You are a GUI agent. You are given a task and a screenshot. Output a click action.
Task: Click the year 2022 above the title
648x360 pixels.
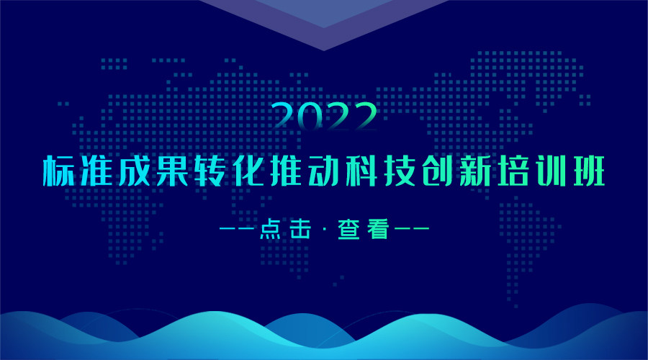pyautogui.click(x=325, y=116)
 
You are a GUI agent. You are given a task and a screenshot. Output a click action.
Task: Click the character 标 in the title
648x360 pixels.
pyautogui.click(x=59, y=171)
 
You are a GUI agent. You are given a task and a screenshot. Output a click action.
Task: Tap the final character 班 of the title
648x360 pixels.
pyautogui.click(x=589, y=171)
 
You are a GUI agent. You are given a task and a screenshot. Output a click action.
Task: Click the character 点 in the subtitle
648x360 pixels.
pyautogui.click(x=270, y=229)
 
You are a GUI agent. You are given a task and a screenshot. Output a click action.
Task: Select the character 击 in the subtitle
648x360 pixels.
pyautogui.click(x=300, y=229)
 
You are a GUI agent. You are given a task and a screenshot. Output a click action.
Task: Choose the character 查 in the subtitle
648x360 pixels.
pyautogui.click(x=348, y=229)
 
